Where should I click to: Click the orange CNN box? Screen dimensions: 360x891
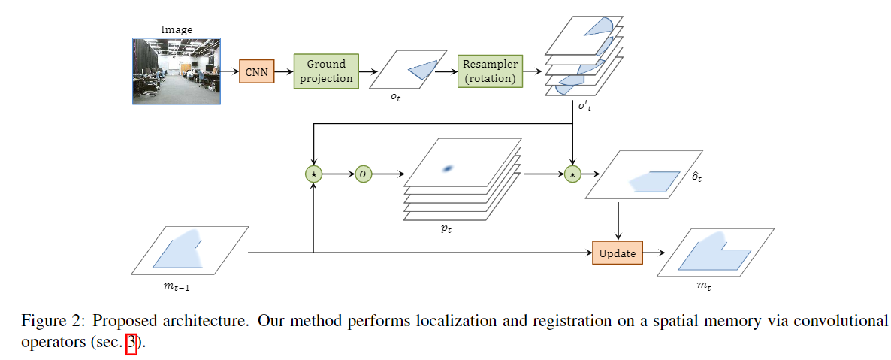pos(255,72)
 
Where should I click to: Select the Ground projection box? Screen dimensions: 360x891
pos(326,71)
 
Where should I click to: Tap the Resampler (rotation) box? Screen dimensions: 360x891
pos(490,71)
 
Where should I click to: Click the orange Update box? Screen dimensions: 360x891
pos(618,253)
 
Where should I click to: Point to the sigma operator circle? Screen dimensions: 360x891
pos(364,174)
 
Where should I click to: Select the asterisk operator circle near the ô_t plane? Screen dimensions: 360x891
pos(573,174)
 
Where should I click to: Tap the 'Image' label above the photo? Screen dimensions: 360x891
pos(177,30)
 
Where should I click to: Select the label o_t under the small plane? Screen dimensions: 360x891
pos(395,98)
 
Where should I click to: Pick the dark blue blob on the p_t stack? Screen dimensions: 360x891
pos(448,169)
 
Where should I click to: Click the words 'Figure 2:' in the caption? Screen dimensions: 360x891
pos(50,321)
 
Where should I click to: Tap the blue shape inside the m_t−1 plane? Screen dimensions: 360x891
pos(180,250)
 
